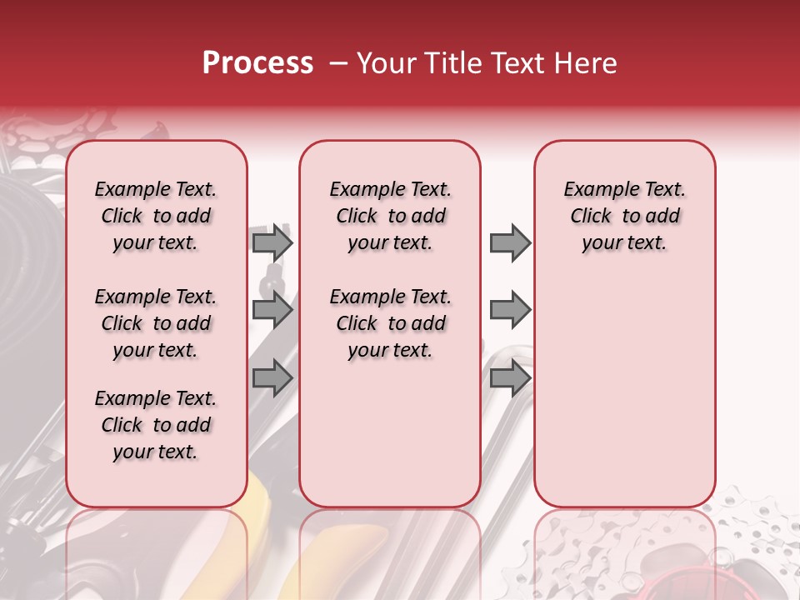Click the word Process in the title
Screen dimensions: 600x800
pyautogui.click(x=257, y=63)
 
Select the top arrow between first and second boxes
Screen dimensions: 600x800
pyautogui.click(x=272, y=242)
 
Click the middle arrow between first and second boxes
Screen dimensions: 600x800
pyautogui.click(x=272, y=311)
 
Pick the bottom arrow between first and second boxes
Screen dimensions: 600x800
pyautogui.click(x=272, y=378)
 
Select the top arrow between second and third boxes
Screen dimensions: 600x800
pyautogui.click(x=510, y=242)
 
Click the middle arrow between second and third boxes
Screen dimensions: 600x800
pyautogui.click(x=510, y=311)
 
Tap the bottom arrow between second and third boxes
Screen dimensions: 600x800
pyautogui.click(x=510, y=378)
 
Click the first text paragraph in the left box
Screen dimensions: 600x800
pyautogui.click(x=156, y=216)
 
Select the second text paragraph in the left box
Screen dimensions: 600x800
pyautogui.click(x=156, y=323)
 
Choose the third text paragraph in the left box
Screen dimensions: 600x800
pyautogui.click(x=156, y=425)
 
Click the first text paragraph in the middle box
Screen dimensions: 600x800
pyautogui.click(x=390, y=216)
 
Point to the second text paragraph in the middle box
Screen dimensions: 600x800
pyautogui.click(x=390, y=323)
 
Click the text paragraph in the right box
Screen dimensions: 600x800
pyautogui.click(x=624, y=216)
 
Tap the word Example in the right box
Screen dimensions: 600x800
pyautogui.click(x=592, y=189)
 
